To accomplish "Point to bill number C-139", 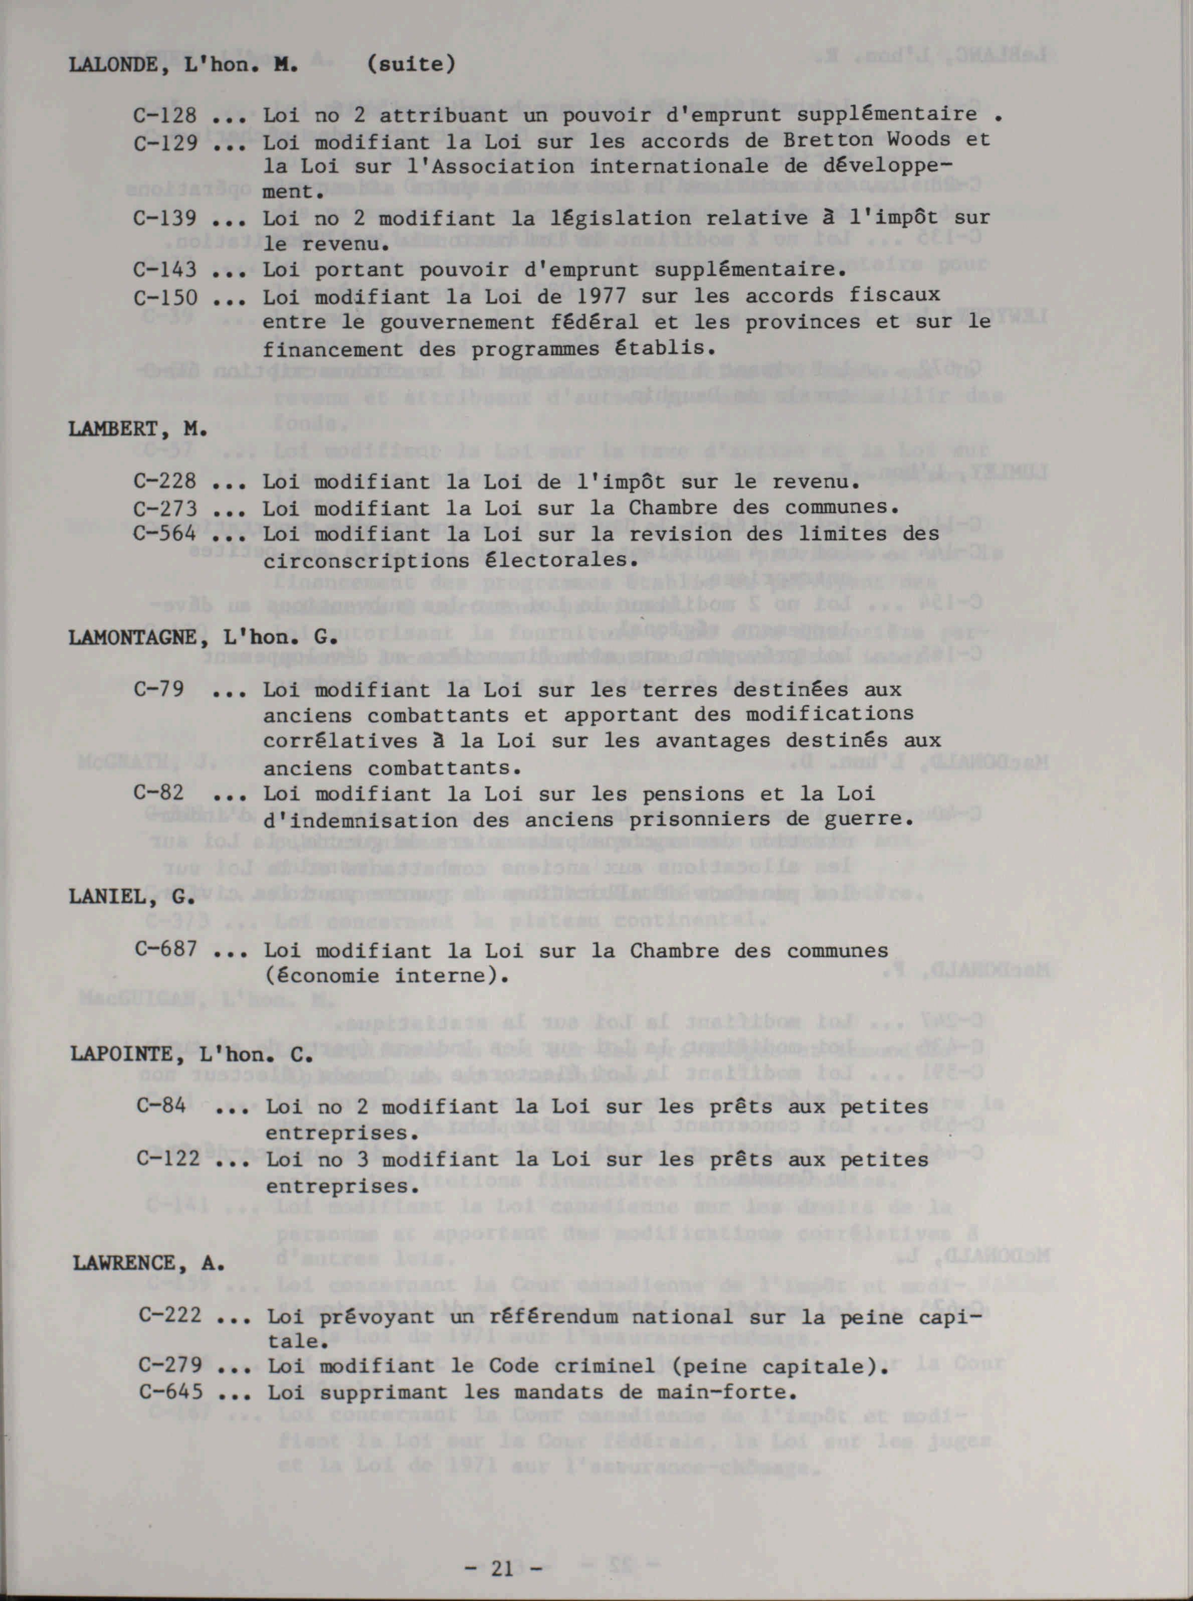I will (x=164, y=218).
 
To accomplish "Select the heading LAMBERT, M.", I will (x=138, y=429).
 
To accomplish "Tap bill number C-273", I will (x=164, y=509).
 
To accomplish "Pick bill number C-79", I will (x=159, y=689).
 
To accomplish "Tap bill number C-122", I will (x=167, y=1159).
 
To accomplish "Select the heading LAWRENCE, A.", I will (x=148, y=1263).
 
